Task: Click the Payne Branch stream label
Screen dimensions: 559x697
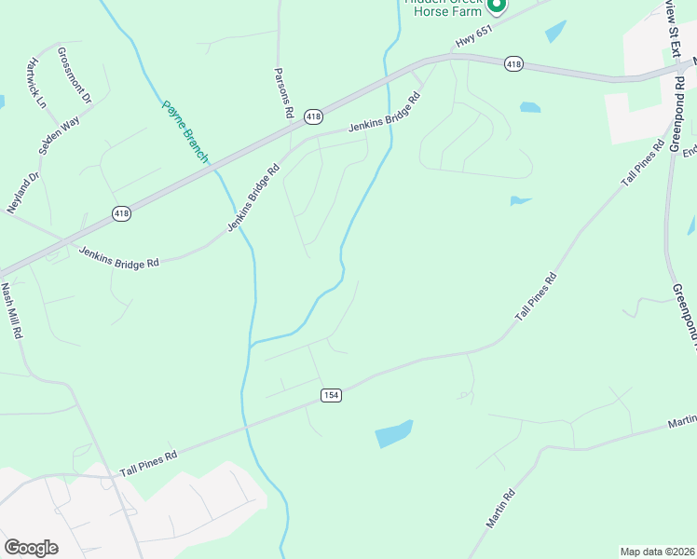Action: pyautogui.click(x=185, y=132)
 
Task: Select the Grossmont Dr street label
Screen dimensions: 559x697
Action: pyautogui.click(x=75, y=75)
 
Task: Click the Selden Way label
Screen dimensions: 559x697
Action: pyautogui.click(x=60, y=135)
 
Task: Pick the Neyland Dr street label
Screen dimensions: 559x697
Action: pyautogui.click(x=24, y=192)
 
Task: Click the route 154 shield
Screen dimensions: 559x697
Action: pyautogui.click(x=331, y=395)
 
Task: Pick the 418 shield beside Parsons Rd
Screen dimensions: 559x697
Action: pyautogui.click(x=313, y=116)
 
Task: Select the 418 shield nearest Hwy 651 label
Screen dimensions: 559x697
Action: pyautogui.click(x=512, y=64)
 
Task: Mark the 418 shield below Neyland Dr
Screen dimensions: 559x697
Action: pyautogui.click(x=121, y=213)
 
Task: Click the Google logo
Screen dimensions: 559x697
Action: pyautogui.click(x=31, y=547)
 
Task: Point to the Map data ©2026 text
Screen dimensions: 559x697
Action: pyautogui.click(x=656, y=552)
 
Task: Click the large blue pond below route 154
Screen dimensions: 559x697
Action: pyautogui.click(x=393, y=433)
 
